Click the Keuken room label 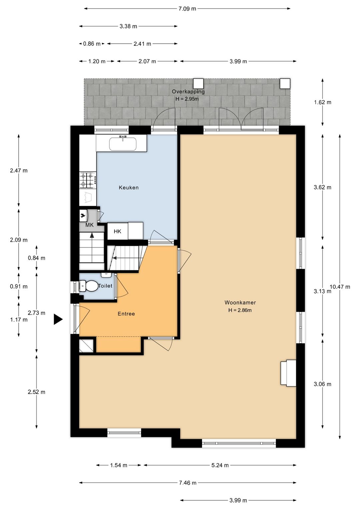click(129, 187)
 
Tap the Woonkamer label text click(240, 303)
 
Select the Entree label click(126, 314)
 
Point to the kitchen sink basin click(123, 144)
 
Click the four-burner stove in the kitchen click(87, 180)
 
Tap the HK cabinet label click(117, 231)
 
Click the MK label click(89, 225)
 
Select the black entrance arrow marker click(58, 319)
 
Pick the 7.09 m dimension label click(187, 9)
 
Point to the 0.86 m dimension click(92, 44)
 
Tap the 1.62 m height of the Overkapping click(323, 102)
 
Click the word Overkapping click(188, 92)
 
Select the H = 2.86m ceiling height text click(240, 310)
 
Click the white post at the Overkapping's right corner click(285, 84)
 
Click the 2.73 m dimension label click(37, 313)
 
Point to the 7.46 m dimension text click(188, 483)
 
